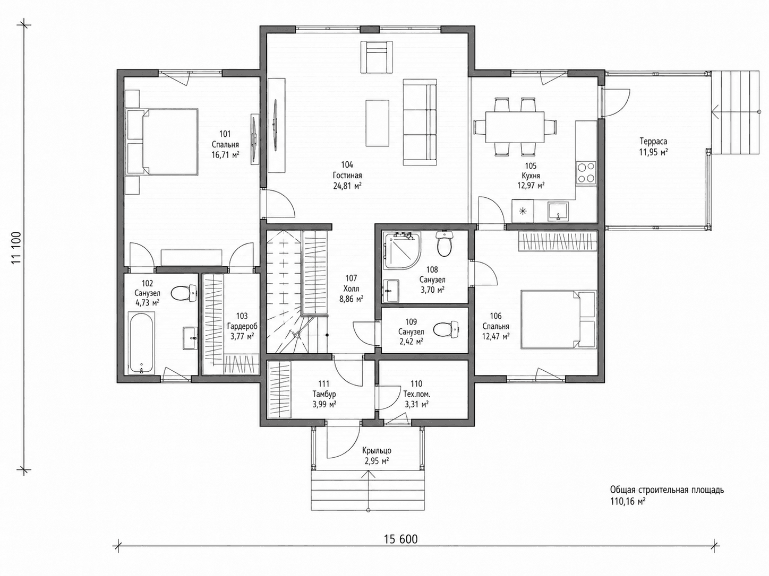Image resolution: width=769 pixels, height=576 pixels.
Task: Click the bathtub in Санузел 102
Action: [141, 343]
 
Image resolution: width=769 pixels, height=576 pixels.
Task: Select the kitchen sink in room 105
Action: [558, 211]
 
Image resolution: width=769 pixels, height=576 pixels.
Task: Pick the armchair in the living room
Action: [377, 57]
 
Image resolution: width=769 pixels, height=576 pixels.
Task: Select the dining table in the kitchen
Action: [514, 127]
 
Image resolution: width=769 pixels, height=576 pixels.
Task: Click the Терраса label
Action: [653, 142]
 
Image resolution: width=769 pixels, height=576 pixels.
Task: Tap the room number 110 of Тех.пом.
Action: [416, 384]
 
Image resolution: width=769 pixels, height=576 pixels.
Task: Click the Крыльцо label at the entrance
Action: [377, 451]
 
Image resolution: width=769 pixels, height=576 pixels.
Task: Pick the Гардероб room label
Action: [242, 326]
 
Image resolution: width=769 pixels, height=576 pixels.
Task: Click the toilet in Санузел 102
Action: [184, 293]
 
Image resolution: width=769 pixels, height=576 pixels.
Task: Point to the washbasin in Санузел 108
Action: [391, 290]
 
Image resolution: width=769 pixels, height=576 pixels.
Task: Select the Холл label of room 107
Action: [351, 289]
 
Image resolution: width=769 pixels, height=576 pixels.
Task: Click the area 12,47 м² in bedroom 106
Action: [495, 337]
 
